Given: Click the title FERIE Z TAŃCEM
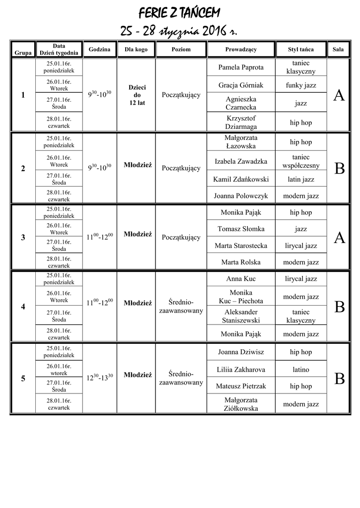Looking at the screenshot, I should (179, 12).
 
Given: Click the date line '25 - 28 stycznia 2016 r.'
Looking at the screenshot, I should (179, 31).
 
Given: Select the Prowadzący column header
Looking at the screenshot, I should (241, 50).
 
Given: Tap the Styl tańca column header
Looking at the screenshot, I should (301, 50).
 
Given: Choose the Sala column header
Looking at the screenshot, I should (338, 50).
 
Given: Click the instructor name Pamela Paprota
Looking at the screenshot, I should (241, 67).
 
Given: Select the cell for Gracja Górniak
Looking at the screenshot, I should (241, 85).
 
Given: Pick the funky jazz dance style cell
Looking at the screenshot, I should (301, 85).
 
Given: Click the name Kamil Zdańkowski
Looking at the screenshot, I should (241, 179).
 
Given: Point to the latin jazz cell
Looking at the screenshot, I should (301, 179).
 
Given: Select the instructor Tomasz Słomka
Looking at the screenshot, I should (241, 229).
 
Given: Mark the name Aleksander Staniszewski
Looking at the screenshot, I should (241, 316).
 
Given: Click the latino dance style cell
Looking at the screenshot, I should (301, 370).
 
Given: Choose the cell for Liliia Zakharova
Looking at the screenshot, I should (241, 370).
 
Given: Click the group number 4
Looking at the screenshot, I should (23, 307).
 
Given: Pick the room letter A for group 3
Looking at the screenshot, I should (339, 238).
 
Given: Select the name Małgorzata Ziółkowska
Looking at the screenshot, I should (241, 404).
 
